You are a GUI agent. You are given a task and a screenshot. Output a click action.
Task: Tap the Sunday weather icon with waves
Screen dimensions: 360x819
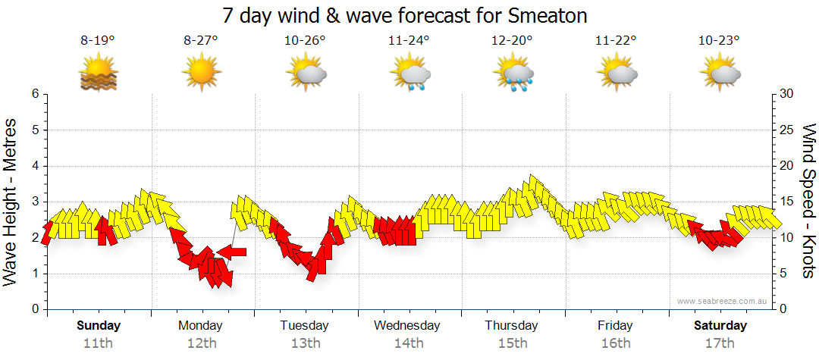pos(98,74)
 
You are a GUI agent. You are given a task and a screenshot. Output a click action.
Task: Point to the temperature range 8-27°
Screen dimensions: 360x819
pos(201,41)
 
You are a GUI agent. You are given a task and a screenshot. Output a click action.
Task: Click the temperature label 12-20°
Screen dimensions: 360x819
pos(512,41)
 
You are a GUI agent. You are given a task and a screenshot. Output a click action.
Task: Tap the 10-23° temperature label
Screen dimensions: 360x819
pos(719,41)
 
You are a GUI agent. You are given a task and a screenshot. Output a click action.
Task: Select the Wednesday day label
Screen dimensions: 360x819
pos(407,326)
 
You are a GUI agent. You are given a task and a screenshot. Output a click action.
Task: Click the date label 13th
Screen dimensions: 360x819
pos(304,343)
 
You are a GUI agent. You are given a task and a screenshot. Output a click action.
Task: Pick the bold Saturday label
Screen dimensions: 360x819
pos(720,326)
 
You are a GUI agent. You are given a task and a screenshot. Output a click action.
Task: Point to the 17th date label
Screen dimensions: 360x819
pos(720,343)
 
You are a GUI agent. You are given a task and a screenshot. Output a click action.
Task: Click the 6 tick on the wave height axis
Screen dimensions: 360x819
pos(35,94)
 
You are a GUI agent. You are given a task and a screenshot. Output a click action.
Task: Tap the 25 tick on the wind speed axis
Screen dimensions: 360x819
pos(788,130)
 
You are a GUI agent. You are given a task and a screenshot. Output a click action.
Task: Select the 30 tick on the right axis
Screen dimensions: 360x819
pos(788,94)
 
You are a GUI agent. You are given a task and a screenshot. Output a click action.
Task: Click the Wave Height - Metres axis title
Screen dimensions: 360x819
pos(11,202)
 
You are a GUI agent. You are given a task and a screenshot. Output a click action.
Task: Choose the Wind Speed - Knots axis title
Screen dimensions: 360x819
pos(808,202)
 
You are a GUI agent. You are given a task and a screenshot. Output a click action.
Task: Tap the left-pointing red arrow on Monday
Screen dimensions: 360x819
pos(232,252)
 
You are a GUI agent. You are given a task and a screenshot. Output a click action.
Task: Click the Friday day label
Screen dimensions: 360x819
pos(615,326)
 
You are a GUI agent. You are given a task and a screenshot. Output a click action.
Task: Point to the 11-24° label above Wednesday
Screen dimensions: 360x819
pos(408,41)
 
